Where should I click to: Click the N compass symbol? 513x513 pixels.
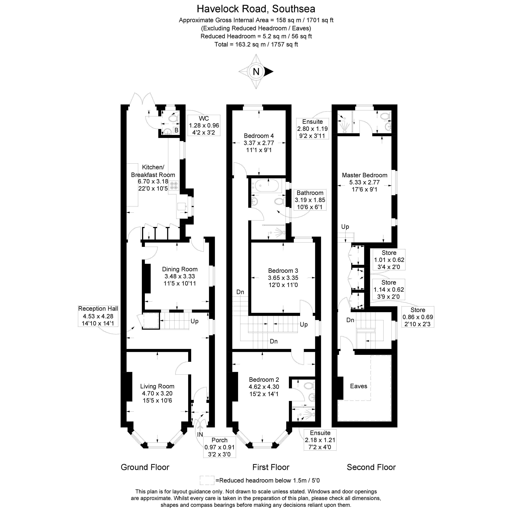(256, 71)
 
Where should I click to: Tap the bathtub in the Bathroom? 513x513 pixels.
(266, 185)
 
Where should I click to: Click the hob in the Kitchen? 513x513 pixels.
(174, 185)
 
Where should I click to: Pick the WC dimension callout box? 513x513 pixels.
(204, 125)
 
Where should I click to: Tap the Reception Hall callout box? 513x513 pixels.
(98, 316)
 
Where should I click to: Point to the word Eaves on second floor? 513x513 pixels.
(358, 386)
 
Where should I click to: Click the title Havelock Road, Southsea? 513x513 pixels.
(256, 9)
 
